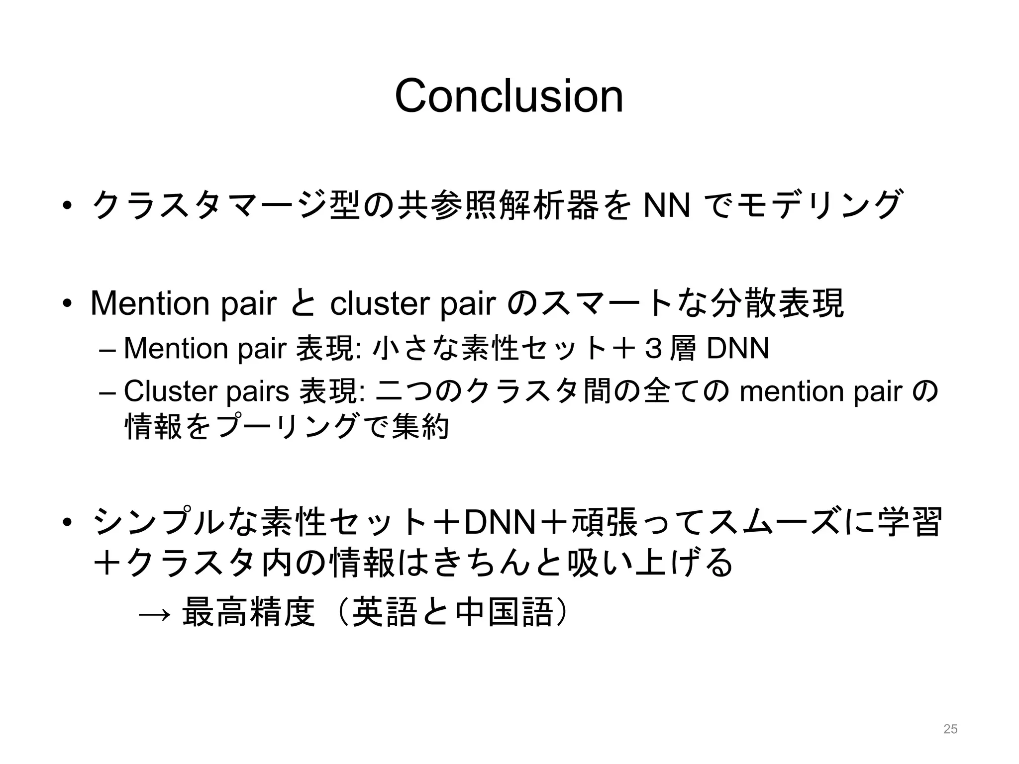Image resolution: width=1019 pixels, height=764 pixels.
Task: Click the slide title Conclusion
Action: click(x=509, y=96)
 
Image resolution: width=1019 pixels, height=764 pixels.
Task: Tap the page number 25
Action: click(x=950, y=729)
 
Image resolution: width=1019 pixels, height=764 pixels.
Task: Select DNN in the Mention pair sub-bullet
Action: click(x=738, y=348)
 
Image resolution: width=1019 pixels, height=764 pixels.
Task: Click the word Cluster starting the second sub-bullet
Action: click(x=170, y=391)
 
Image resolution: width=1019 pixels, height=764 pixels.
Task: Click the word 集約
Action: click(x=420, y=427)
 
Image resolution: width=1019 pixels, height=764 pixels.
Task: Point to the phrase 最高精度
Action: click(x=249, y=612)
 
